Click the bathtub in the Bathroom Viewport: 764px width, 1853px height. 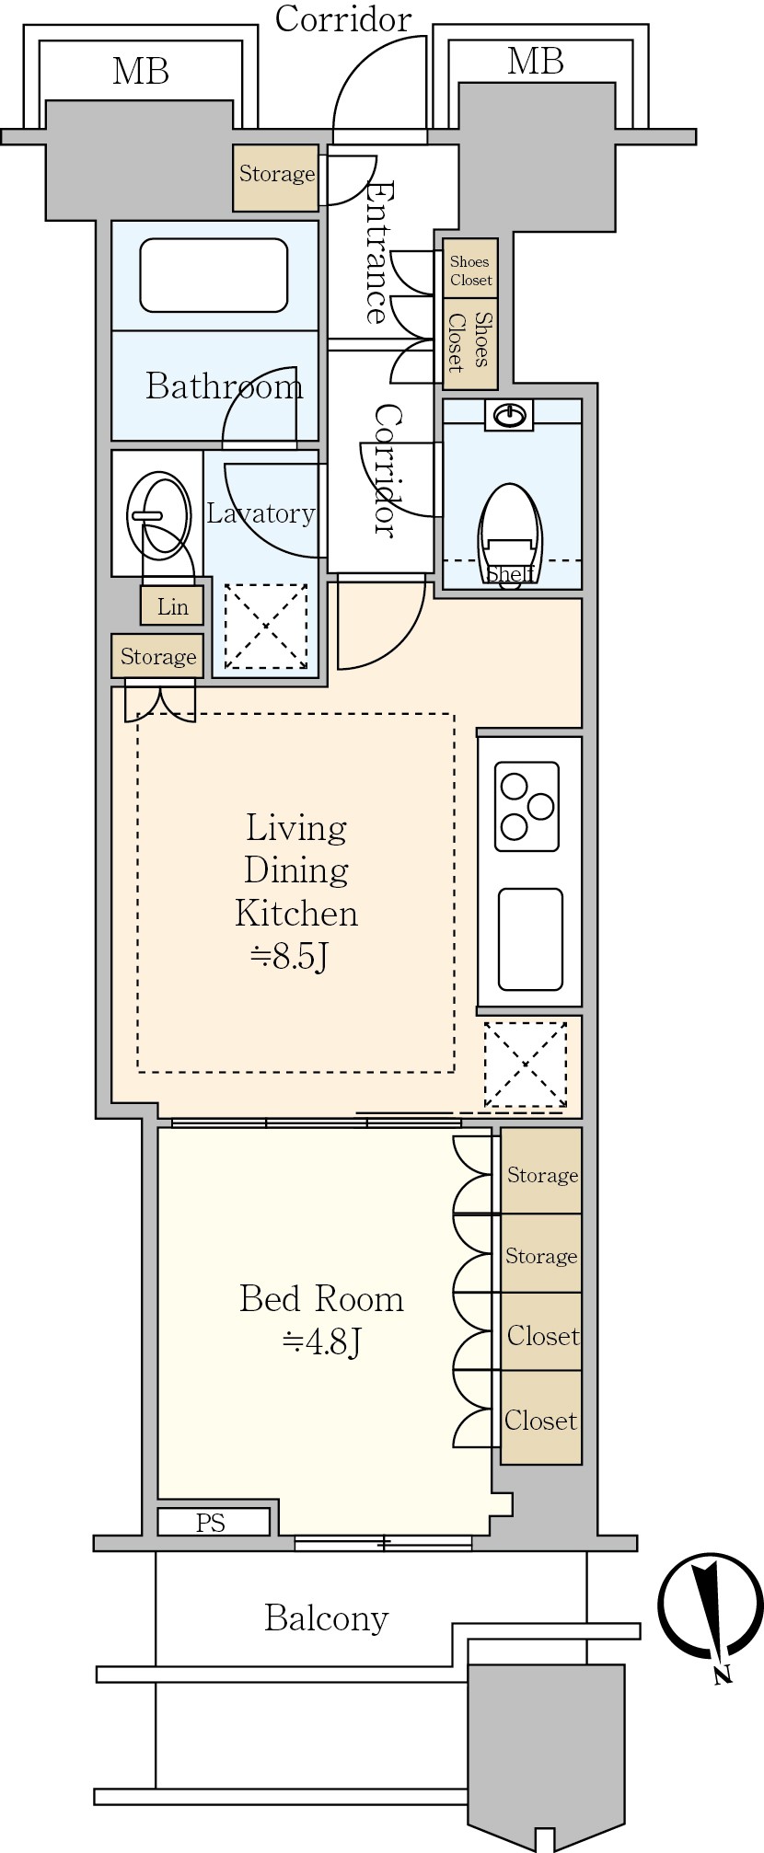[214, 275]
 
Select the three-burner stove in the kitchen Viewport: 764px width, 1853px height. [527, 806]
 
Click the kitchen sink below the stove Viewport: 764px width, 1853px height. [530, 938]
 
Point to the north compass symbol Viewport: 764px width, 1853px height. [711, 1605]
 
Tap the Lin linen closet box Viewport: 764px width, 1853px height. [172, 606]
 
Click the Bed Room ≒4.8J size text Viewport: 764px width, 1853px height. [321, 1320]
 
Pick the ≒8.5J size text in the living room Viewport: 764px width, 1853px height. [290, 957]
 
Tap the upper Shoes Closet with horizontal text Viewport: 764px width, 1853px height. [470, 269]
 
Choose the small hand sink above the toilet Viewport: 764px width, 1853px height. [511, 416]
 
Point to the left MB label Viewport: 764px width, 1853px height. [141, 71]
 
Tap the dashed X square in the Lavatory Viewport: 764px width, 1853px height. [266, 627]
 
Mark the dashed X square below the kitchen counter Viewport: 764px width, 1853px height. [526, 1065]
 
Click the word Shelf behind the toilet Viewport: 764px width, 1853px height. [511, 575]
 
